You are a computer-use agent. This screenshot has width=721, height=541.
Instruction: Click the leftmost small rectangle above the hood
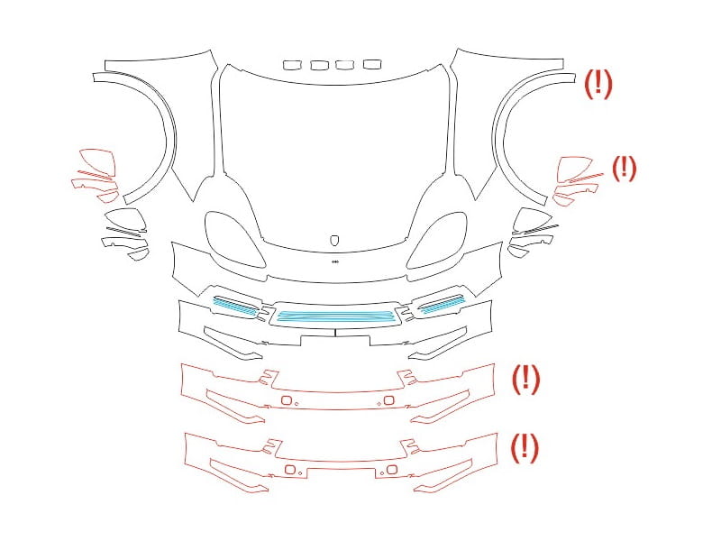(290, 65)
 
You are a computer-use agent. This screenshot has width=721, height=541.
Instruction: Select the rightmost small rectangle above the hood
(372, 64)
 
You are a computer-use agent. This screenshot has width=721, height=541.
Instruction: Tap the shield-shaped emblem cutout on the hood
(335, 241)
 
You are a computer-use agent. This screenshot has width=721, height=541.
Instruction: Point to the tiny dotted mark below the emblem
(335, 261)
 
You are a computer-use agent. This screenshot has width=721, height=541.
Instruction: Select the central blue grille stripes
(336, 316)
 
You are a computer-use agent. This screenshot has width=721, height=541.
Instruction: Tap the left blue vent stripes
(234, 305)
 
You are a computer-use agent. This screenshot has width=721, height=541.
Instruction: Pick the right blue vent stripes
(443, 304)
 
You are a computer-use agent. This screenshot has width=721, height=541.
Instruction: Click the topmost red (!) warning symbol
(598, 84)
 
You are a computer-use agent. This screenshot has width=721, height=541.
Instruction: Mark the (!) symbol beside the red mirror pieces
(624, 168)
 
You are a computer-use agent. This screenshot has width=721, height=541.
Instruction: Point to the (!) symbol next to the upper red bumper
(526, 379)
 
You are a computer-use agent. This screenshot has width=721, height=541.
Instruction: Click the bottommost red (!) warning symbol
(525, 447)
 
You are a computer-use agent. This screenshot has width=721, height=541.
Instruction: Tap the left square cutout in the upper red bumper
(287, 400)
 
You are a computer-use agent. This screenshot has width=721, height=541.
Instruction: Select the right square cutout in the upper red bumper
(388, 400)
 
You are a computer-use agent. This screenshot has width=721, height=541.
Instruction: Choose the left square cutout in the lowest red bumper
(290, 470)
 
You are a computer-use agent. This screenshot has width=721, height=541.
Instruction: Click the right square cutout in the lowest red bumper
(392, 470)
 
